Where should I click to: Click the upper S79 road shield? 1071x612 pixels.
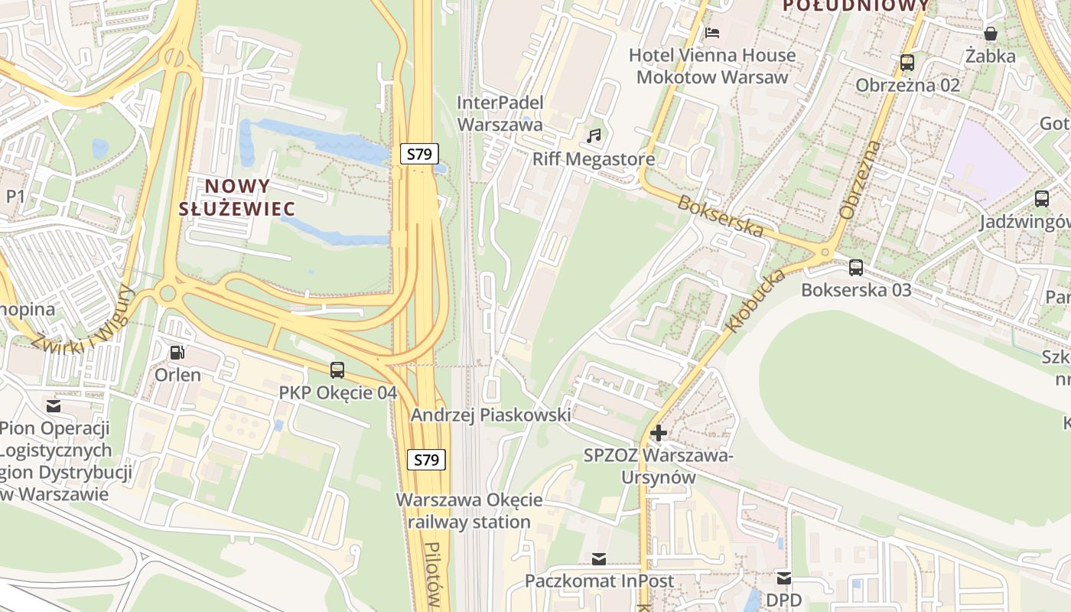pos(419,154)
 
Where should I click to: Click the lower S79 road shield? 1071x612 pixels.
pos(426,460)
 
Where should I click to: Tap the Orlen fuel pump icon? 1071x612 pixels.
pos(177,353)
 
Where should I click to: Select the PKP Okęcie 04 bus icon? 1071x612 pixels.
pos(337,370)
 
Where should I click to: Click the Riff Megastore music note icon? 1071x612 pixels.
pos(594,136)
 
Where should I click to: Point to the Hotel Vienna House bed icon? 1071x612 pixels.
pos(712,33)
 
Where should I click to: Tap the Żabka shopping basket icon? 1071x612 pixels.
pos(991,34)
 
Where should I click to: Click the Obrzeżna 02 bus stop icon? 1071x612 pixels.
pos(907,63)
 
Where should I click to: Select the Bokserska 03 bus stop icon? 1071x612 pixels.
pos(856,268)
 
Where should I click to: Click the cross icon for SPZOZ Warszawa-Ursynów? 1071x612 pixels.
pos(658,433)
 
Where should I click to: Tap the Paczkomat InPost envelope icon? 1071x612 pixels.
pos(599,559)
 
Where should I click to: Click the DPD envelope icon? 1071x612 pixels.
pos(784,578)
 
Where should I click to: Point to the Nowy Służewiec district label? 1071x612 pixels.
pos(237,197)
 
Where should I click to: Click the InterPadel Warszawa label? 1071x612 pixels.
pos(500,113)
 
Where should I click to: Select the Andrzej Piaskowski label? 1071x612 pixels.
pos(490,415)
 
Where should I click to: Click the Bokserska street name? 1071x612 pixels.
pos(721,216)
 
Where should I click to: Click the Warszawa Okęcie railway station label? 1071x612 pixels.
pos(469,511)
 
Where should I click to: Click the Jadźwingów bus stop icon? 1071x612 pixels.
pos(1041,199)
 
